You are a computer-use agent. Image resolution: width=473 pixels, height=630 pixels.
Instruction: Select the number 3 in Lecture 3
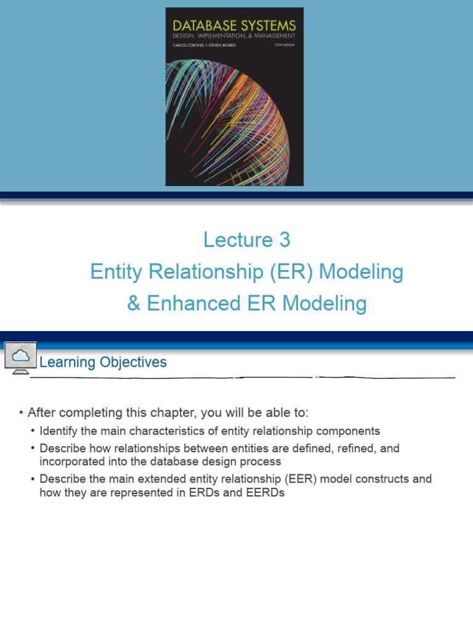(284, 240)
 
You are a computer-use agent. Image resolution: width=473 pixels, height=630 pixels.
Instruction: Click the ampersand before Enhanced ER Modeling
(134, 304)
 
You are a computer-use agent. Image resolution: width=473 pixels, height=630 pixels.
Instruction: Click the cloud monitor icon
(20, 357)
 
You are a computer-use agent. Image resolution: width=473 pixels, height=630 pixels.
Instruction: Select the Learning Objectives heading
(103, 362)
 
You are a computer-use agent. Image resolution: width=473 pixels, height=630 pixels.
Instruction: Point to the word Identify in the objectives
(59, 431)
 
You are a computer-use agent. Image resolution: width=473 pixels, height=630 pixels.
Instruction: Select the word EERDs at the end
(265, 493)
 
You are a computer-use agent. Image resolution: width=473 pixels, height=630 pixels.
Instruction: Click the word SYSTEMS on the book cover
(267, 26)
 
